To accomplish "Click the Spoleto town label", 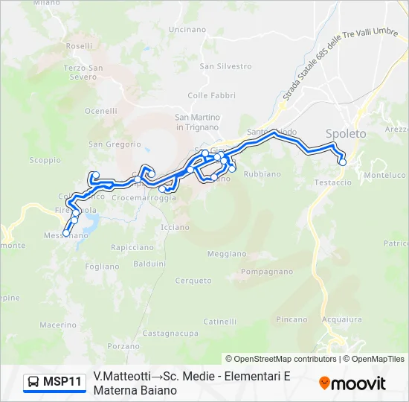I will coord(346,133).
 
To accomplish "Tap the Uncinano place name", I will coord(187,29).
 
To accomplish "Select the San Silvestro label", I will coord(215,66).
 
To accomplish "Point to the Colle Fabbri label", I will coord(211,95).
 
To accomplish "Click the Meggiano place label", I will coord(226,254).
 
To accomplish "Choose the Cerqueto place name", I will coord(193,281).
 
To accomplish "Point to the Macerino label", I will coord(58,325).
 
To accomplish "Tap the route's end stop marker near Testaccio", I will coord(343,162).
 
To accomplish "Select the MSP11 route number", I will coord(62,382).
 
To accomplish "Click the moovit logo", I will coord(352,383).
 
